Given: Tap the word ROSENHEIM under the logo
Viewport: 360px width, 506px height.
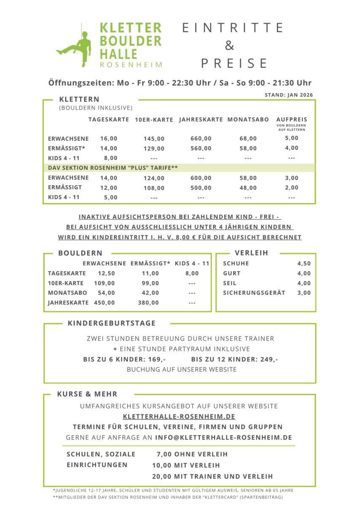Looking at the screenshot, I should click(x=131, y=65).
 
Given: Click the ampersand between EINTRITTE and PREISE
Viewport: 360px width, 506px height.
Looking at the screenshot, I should click(x=229, y=45).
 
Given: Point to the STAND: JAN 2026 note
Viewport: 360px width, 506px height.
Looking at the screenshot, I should click(x=289, y=95).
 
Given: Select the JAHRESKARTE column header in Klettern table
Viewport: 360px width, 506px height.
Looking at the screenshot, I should click(x=201, y=120).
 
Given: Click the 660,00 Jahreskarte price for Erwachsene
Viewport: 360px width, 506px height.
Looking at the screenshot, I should click(x=201, y=138).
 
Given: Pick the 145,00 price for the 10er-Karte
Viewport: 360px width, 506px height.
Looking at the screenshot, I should click(x=154, y=139).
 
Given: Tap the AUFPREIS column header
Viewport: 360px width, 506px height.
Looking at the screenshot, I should click(x=292, y=120).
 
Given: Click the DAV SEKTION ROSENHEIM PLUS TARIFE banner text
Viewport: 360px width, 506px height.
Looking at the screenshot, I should click(x=113, y=168).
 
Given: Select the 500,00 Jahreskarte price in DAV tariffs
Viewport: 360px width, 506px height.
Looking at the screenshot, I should click(x=201, y=188).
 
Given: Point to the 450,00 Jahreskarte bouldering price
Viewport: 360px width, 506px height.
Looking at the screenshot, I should click(x=104, y=302).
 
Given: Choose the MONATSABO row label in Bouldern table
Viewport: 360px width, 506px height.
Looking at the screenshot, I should click(x=68, y=293).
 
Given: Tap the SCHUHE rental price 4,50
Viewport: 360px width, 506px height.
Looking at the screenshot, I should click(x=304, y=264).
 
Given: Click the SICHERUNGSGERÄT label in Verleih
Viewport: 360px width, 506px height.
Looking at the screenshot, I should click(x=254, y=293).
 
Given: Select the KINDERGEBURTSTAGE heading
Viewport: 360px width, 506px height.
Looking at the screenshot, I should click(x=111, y=323).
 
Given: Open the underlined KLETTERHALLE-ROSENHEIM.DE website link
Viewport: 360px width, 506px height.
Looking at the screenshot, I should click(x=179, y=417).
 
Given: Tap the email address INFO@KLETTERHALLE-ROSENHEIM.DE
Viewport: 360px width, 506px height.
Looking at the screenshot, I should click(x=223, y=438).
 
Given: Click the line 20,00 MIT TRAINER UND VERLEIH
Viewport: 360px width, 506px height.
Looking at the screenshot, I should click(x=212, y=476).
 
